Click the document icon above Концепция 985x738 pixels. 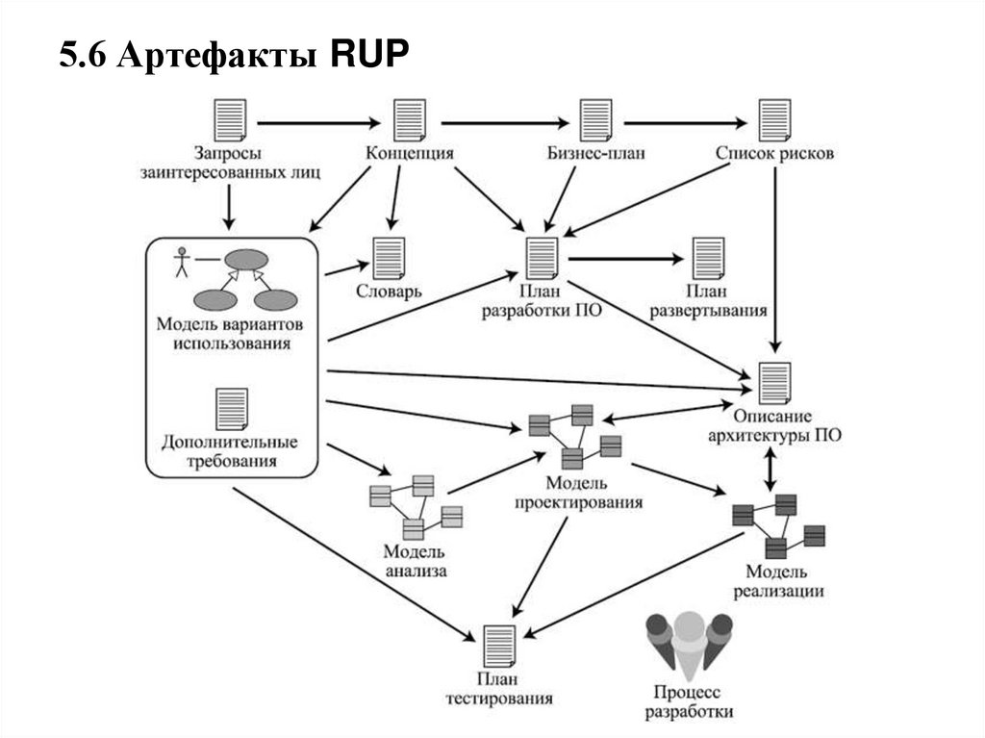tap(410, 120)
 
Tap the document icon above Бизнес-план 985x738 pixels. tap(596, 120)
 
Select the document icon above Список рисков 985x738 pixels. tap(774, 120)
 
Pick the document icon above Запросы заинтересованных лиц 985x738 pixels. tap(230, 120)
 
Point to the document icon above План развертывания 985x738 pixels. tap(711, 259)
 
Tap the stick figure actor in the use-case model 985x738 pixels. tap(180, 262)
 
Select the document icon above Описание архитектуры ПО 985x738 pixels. tap(774, 384)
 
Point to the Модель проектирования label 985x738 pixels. tap(576, 492)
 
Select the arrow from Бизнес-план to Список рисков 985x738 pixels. tap(686, 123)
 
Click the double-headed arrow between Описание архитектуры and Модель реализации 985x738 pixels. tap(770, 471)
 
